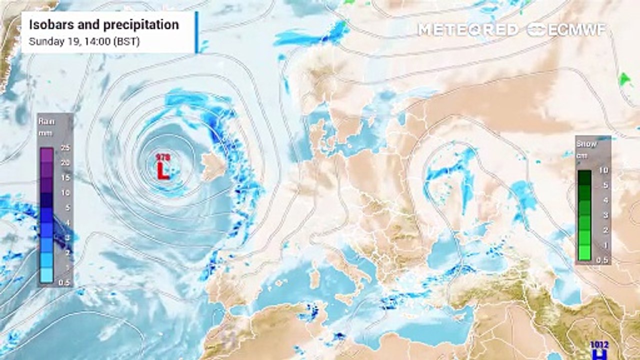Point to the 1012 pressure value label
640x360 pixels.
(599, 344)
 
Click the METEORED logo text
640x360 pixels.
(468, 30)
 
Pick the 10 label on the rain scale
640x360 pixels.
(64, 192)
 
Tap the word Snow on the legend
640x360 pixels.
(586, 144)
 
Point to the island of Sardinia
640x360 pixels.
(315, 278)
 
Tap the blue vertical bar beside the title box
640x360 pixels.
(196, 32)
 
